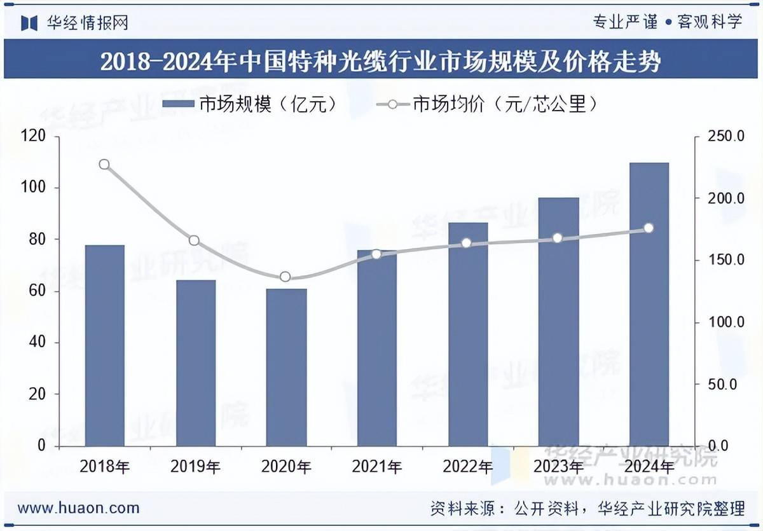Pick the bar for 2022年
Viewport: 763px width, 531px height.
pyautogui.click(x=468, y=334)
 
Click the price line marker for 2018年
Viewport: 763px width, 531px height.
pyautogui.click(x=104, y=165)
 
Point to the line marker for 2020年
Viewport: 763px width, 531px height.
pyautogui.click(x=285, y=277)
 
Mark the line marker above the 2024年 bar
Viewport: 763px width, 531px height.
pyautogui.click(x=649, y=228)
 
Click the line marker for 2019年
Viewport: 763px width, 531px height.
pyautogui.click(x=195, y=240)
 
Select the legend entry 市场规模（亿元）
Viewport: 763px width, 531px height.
pyautogui.click(x=248, y=104)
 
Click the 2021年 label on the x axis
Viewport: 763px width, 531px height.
pyautogui.click(x=377, y=467)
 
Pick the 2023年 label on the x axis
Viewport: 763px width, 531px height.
pyautogui.click(x=558, y=467)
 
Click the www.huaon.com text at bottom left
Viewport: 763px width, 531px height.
pyautogui.click(x=78, y=507)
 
